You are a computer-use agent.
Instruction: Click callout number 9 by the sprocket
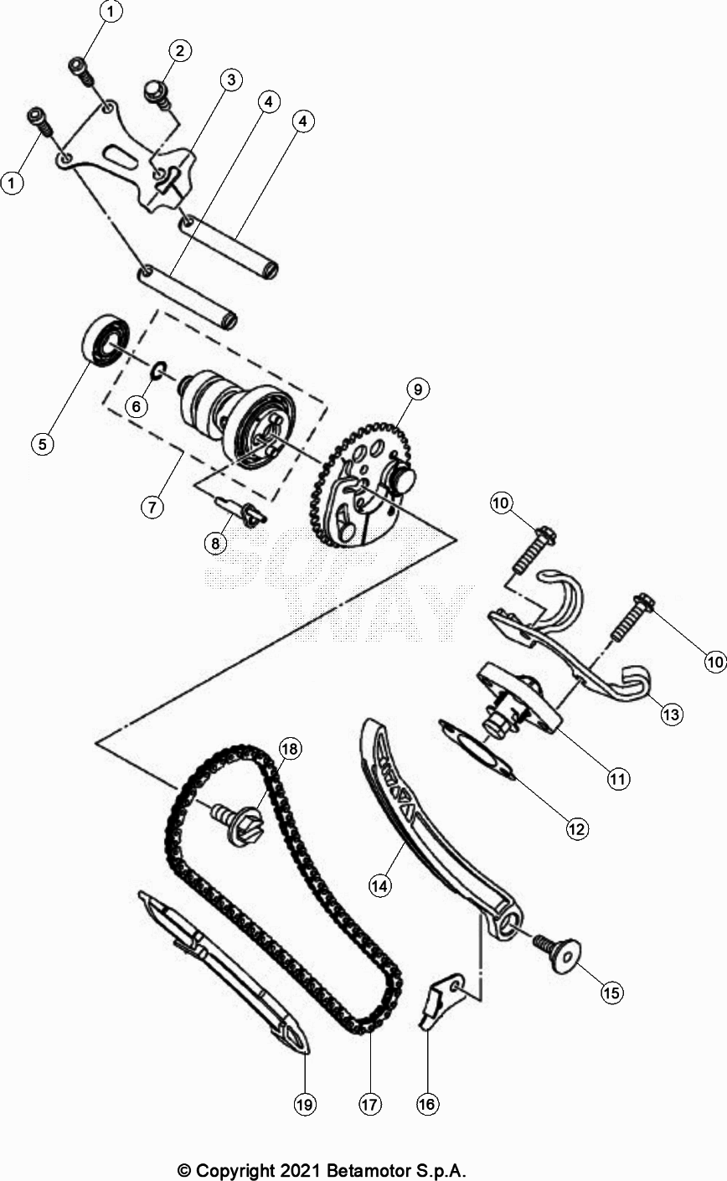click(417, 389)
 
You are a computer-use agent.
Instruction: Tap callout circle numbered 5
click(43, 444)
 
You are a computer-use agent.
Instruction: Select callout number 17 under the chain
click(370, 1106)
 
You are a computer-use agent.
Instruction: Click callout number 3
click(230, 80)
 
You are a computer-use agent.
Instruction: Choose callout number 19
click(304, 1106)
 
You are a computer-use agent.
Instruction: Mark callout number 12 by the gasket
click(576, 829)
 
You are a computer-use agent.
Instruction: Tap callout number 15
click(611, 993)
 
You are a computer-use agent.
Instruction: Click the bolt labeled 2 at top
click(155, 90)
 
